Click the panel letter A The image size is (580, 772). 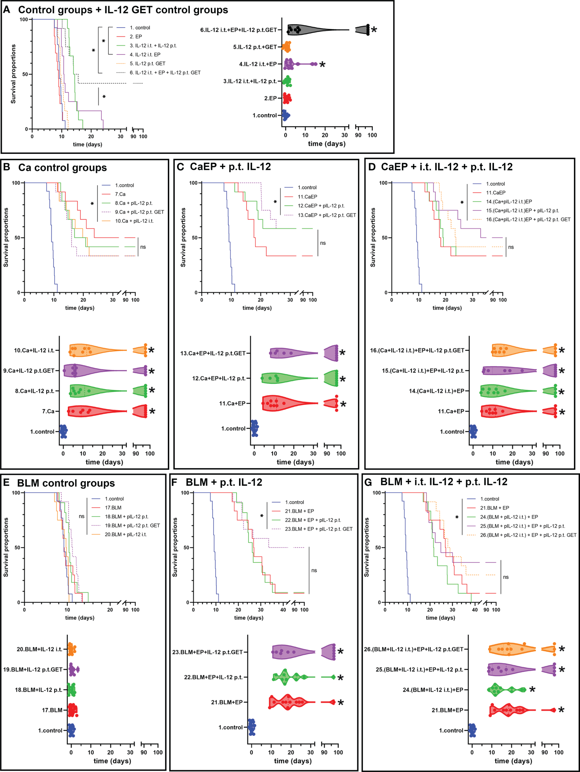[x=6, y=10]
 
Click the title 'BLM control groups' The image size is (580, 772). [x=66, y=483]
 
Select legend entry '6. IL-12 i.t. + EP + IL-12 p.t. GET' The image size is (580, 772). [x=165, y=73]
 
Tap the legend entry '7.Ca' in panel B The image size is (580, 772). [x=120, y=194]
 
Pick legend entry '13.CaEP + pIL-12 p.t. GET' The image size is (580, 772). [x=327, y=215]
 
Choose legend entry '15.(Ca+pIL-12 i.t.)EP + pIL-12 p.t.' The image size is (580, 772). [x=522, y=211]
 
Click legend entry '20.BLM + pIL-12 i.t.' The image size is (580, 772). [x=125, y=535]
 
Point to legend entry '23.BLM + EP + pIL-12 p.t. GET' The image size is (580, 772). [x=319, y=529]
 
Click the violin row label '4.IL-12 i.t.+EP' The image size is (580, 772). [x=258, y=64]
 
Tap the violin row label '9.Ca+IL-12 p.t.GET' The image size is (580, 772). [x=29, y=371]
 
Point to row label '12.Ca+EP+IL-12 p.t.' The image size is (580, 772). [x=219, y=379]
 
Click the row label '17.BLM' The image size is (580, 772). [x=52, y=710]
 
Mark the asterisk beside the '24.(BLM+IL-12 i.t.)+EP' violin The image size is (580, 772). [x=532, y=690]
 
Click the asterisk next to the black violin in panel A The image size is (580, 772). [x=374, y=30]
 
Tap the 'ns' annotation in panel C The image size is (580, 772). [x=323, y=243]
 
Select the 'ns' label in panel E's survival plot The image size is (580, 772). [x=81, y=517]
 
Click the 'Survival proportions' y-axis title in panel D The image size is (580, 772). [x=373, y=237]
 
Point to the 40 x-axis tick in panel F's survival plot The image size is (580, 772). [x=283, y=610]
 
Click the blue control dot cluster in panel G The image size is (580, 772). [x=472, y=730]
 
